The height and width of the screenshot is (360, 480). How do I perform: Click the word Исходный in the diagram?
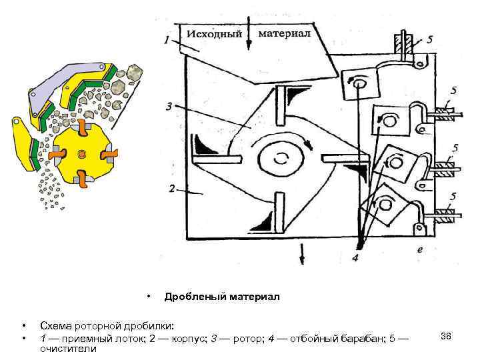click(x=214, y=34)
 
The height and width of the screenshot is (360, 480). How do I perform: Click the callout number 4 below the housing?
click(x=356, y=256)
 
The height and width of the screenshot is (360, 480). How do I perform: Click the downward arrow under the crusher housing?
click(x=303, y=253)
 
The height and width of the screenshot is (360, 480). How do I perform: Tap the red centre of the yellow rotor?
click(x=82, y=155)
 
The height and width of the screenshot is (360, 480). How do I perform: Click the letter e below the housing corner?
click(x=419, y=248)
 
